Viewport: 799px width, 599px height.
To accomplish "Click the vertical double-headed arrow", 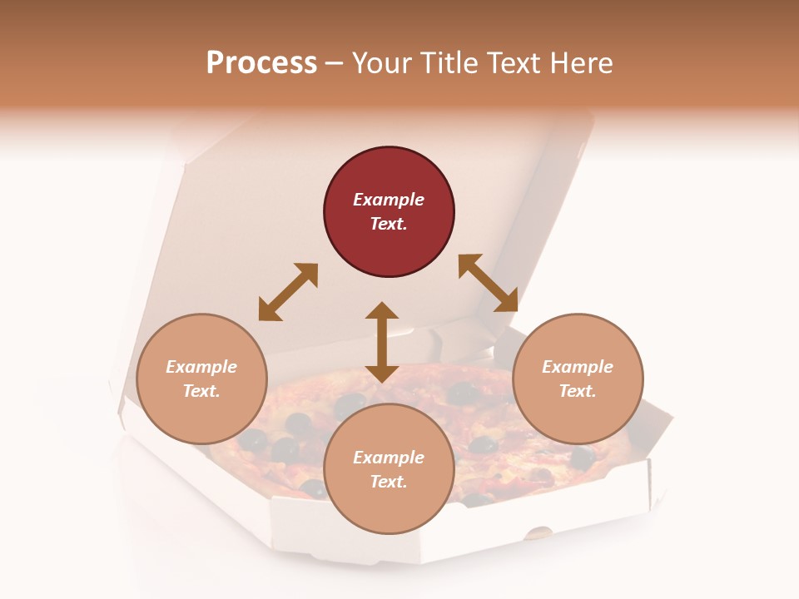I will pyautogui.click(x=382, y=342).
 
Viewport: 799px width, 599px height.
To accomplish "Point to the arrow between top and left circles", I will pyautogui.click(x=288, y=292).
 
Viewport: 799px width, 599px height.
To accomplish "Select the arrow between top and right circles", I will pyautogui.click(x=488, y=283).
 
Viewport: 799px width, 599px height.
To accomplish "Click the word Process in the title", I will pyautogui.click(x=261, y=62).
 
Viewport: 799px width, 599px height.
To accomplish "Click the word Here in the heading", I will pyautogui.click(x=582, y=62).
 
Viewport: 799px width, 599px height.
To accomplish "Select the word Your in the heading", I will pyautogui.click(x=383, y=62).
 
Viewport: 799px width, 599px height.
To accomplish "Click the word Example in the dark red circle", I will pyautogui.click(x=389, y=200).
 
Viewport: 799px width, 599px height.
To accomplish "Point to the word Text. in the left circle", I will pyautogui.click(x=201, y=391).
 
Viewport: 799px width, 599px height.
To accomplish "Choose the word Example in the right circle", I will pyautogui.click(x=578, y=367).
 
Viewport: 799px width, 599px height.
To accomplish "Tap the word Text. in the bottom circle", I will pyautogui.click(x=389, y=482).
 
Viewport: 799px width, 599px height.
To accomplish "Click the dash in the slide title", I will pyautogui.click(x=335, y=63).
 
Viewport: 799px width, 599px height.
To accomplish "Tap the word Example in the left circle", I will pyautogui.click(x=201, y=367).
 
